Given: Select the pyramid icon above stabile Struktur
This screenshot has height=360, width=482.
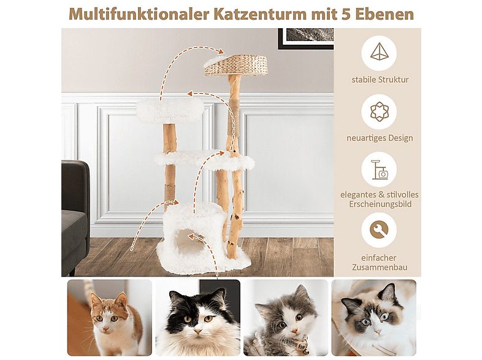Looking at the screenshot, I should pos(379,53).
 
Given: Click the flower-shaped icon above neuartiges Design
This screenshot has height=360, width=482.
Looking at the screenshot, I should pos(379,112).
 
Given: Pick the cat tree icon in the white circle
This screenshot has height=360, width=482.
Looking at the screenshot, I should pos(379,169).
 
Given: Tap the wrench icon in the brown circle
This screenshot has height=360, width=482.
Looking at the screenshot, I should pos(379,229).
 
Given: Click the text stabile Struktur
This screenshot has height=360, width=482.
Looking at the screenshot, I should pos(380,80).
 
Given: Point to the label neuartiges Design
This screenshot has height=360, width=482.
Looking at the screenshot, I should pos(379,138).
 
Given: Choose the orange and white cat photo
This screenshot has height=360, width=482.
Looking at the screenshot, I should pos(109,317).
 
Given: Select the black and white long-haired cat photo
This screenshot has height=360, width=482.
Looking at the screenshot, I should pos(197,317).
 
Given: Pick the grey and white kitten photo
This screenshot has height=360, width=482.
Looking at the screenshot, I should pos(286,317).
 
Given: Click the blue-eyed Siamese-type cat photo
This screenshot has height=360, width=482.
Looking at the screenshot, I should pos(374,317).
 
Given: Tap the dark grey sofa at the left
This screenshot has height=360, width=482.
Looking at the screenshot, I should pos(75,215).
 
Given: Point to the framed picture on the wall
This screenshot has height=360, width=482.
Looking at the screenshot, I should pos(305,38).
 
